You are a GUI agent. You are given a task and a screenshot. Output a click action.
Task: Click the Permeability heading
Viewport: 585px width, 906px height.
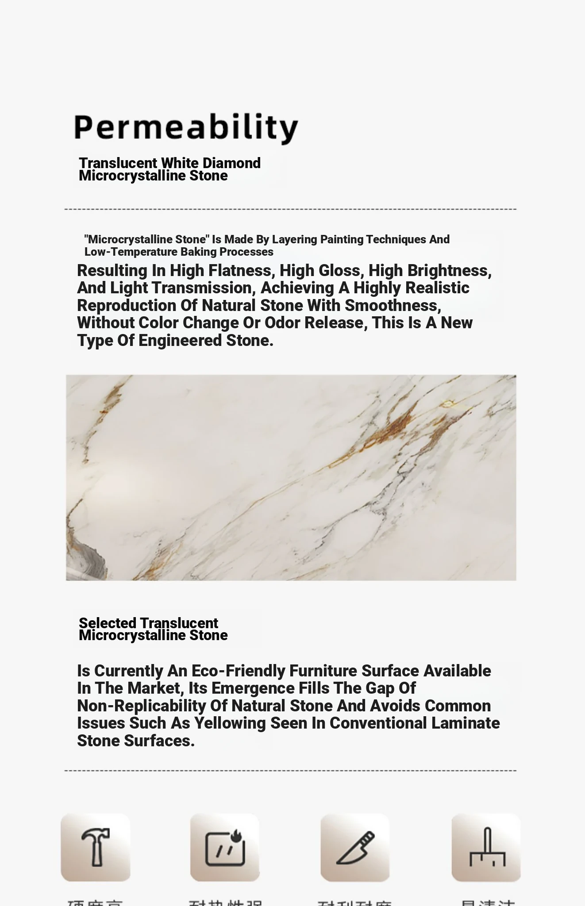pos(186,128)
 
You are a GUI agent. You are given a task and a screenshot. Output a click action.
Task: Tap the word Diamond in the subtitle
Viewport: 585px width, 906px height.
pos(231,163)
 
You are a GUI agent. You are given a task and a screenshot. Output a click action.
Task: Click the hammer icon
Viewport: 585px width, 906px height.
pos(96,847)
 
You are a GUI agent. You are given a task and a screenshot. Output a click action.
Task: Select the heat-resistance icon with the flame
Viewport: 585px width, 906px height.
pos(225,847)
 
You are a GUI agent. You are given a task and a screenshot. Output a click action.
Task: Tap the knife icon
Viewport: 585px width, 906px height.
pos(355,847)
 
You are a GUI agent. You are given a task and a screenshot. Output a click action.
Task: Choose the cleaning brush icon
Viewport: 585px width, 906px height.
pos(486,847)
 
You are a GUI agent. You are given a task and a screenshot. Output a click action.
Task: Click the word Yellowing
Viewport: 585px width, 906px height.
pos(230,723)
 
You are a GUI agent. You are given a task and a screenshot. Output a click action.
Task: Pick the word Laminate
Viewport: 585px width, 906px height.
pos(466,723)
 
